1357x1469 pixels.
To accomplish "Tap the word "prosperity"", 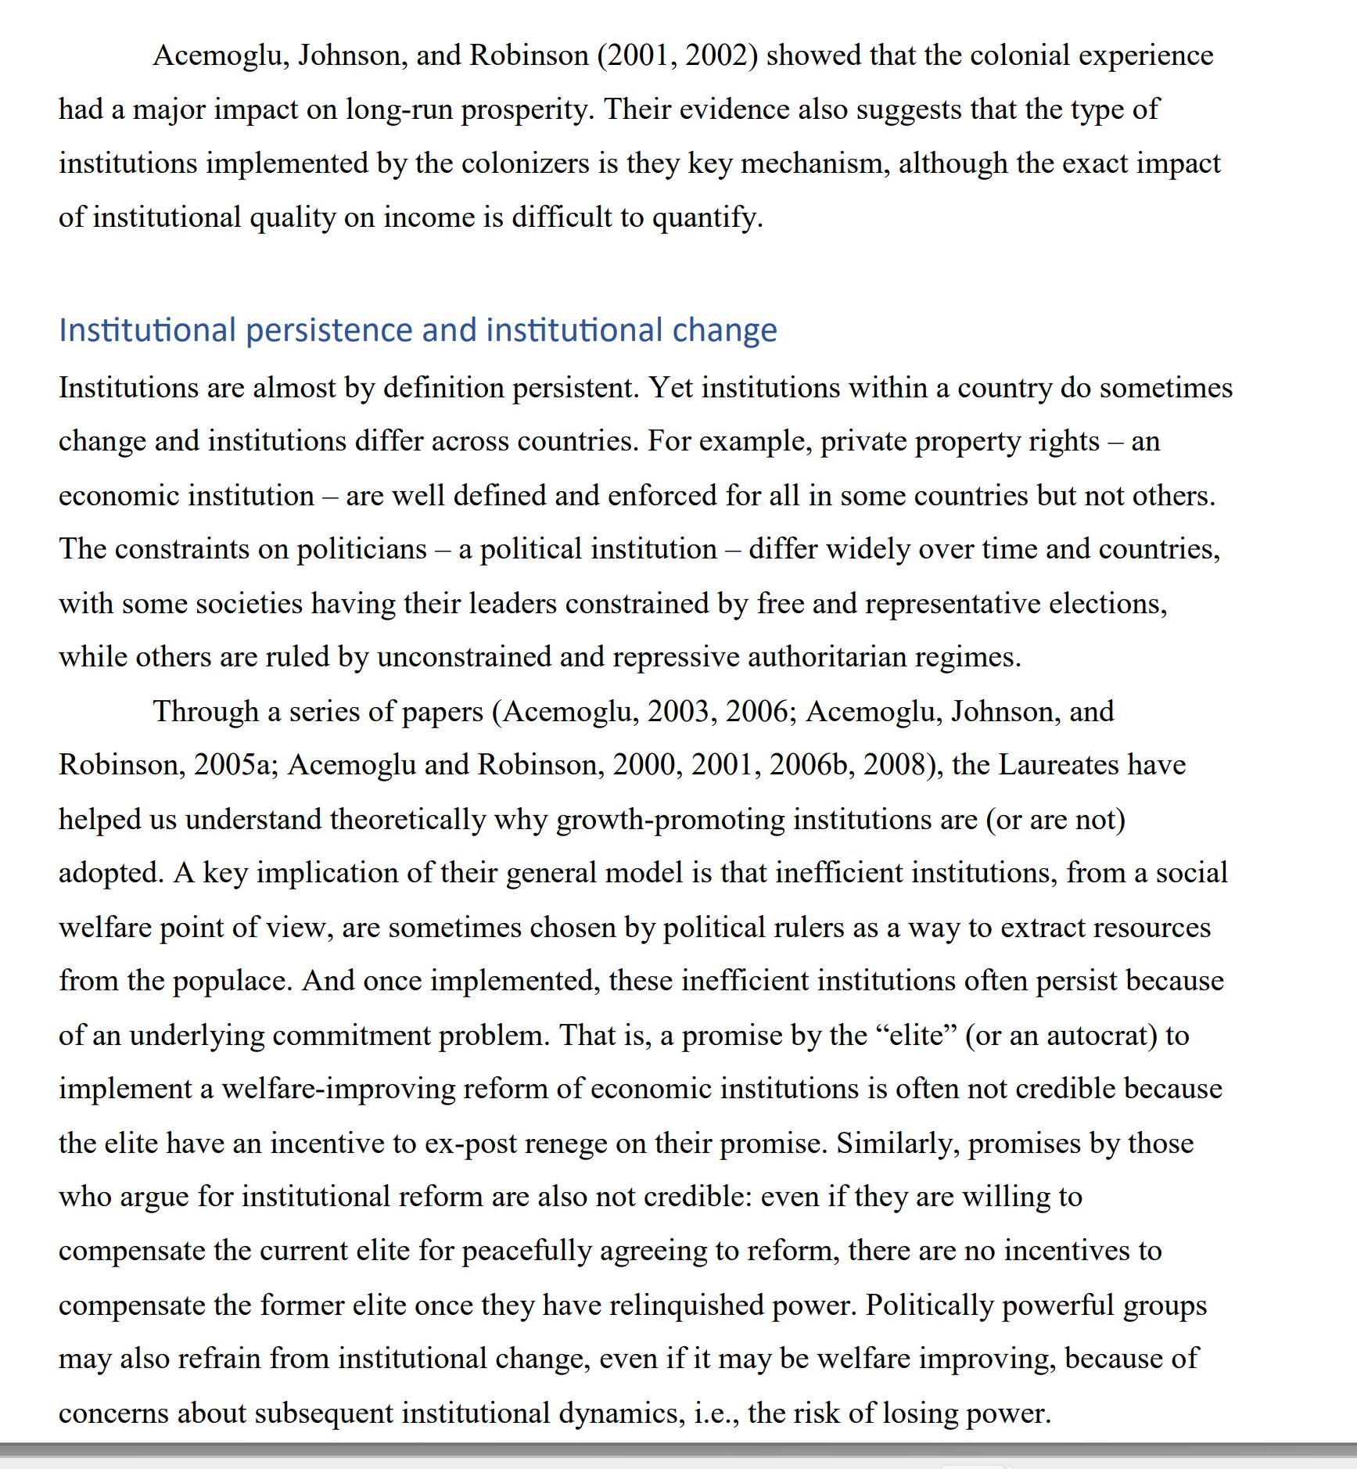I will [527, 110].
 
